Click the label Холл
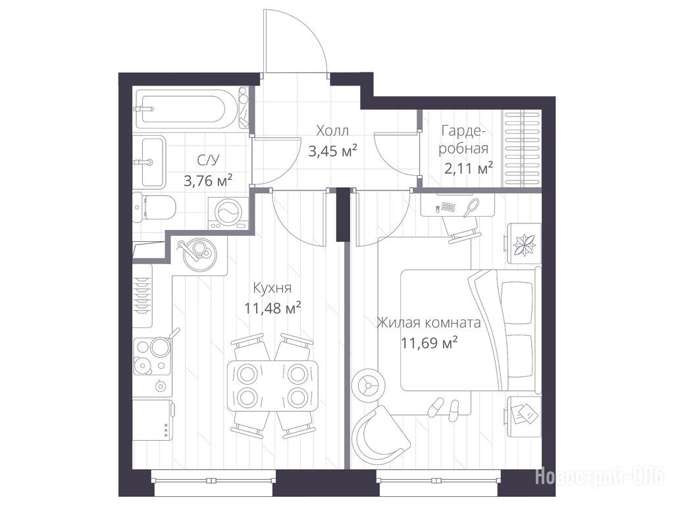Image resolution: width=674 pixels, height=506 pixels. point(332,130)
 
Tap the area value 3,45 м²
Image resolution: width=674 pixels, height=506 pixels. point(333,151)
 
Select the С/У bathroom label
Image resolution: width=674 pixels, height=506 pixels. point(208,160)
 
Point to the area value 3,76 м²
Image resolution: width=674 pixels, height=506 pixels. point(208,181)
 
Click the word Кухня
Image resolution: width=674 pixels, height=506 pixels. point(272,288)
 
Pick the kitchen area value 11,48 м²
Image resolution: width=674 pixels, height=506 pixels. point(272,308)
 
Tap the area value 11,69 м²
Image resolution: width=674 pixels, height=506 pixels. point(428,343)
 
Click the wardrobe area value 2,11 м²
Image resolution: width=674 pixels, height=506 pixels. point(468,168)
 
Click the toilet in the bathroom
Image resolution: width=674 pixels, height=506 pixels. point(153,207)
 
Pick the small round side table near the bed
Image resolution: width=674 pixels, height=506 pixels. point(368,385)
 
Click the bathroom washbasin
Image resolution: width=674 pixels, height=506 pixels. point(149,162)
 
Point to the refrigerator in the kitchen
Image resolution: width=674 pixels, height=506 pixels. point(153,420)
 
